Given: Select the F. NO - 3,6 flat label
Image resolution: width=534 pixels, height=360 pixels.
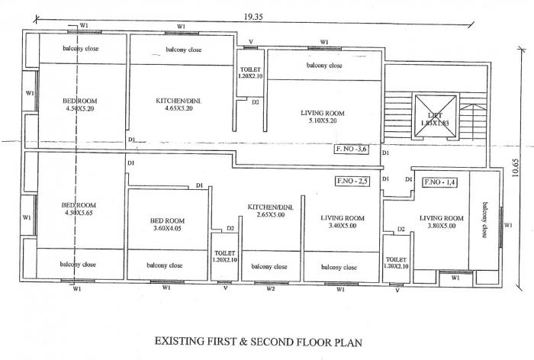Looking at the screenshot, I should [352, 149].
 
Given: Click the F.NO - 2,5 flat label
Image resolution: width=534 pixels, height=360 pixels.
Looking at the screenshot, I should [353, 182].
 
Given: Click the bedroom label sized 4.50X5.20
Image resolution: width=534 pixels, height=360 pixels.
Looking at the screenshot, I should [79, 104].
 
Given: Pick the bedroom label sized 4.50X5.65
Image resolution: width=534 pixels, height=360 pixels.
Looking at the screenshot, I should [79, 209].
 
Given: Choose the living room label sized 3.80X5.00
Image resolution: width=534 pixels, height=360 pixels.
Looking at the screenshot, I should [442, 222].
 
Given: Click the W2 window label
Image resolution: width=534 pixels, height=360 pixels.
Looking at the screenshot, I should [271, 289].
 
